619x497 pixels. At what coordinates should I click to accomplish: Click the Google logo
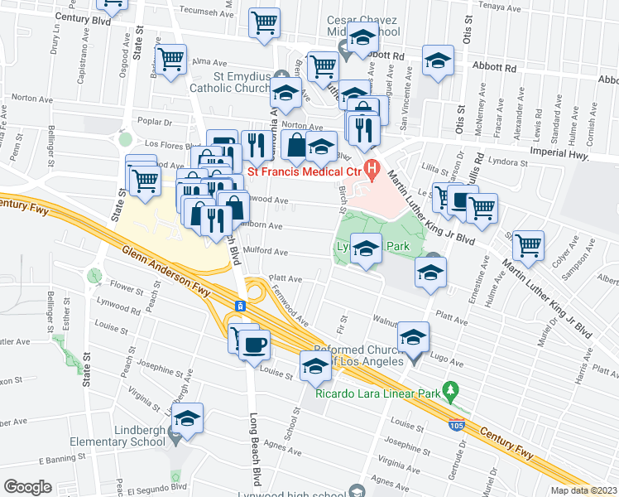27,487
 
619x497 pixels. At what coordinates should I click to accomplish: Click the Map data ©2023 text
583,490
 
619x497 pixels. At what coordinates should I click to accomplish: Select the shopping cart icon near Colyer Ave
528,244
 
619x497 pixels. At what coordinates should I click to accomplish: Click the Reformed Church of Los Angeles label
362,355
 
